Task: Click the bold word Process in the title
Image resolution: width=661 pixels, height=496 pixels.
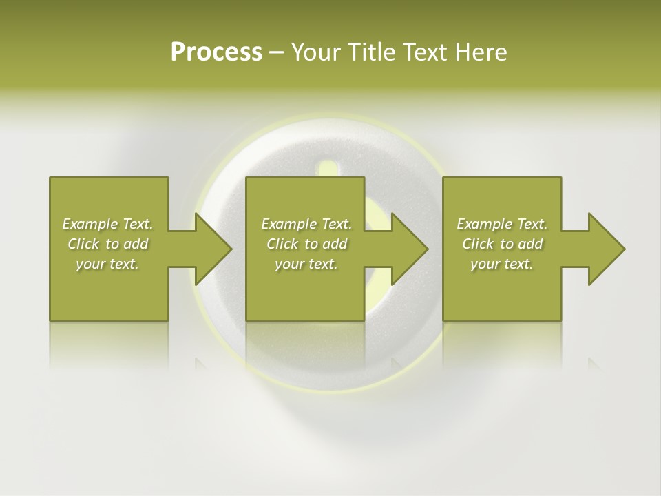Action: (x=216, y=52)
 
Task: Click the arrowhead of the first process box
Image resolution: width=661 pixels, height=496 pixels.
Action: (x=213, y=249)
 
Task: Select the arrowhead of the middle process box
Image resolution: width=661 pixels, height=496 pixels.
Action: (x=409, y=249)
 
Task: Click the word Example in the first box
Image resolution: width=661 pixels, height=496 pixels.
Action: (x=90, y=224)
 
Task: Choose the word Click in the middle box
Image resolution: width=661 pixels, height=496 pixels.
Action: (x=282, y=244)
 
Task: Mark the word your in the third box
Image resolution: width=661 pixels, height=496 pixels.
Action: (x=486, y=264)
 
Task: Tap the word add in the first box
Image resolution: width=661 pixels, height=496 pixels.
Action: (x=136, y=244)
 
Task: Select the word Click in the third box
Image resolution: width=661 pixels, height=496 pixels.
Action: (x=477, y=244)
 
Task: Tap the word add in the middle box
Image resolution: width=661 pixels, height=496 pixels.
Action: (x=335, y=244)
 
